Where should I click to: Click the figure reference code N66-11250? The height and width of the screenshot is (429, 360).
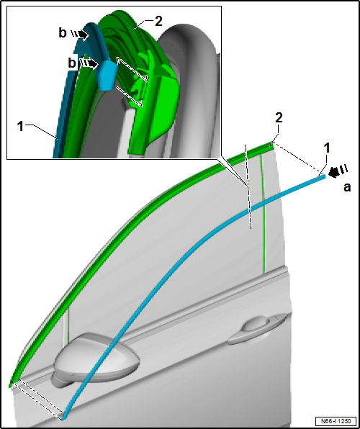(x=336, y=420)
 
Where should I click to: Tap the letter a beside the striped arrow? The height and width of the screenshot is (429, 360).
(x=347, y=188)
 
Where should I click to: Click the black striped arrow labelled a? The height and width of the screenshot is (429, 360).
(x=338, y=171)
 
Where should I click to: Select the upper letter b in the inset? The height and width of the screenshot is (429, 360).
(x=63, y=33)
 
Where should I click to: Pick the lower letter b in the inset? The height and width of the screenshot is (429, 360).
(x=72, y=63)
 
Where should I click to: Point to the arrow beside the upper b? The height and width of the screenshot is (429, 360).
(x=80, y=35)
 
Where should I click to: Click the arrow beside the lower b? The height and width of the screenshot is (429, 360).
(x=89, y=63)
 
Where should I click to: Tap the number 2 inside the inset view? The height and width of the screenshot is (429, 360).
(x=158, y=22)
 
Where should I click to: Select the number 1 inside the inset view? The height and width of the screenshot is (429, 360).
(x=20, y=127)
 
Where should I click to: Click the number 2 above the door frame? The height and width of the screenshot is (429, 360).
(x=279, y=119)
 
